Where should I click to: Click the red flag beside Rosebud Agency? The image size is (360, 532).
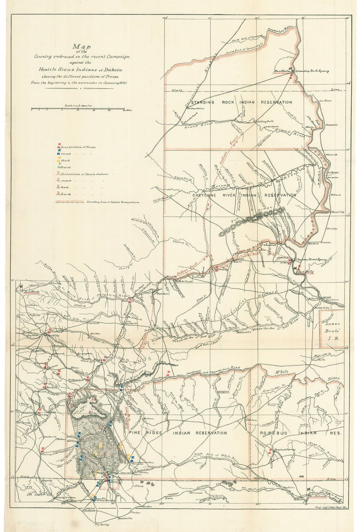[x=270, y=452]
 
